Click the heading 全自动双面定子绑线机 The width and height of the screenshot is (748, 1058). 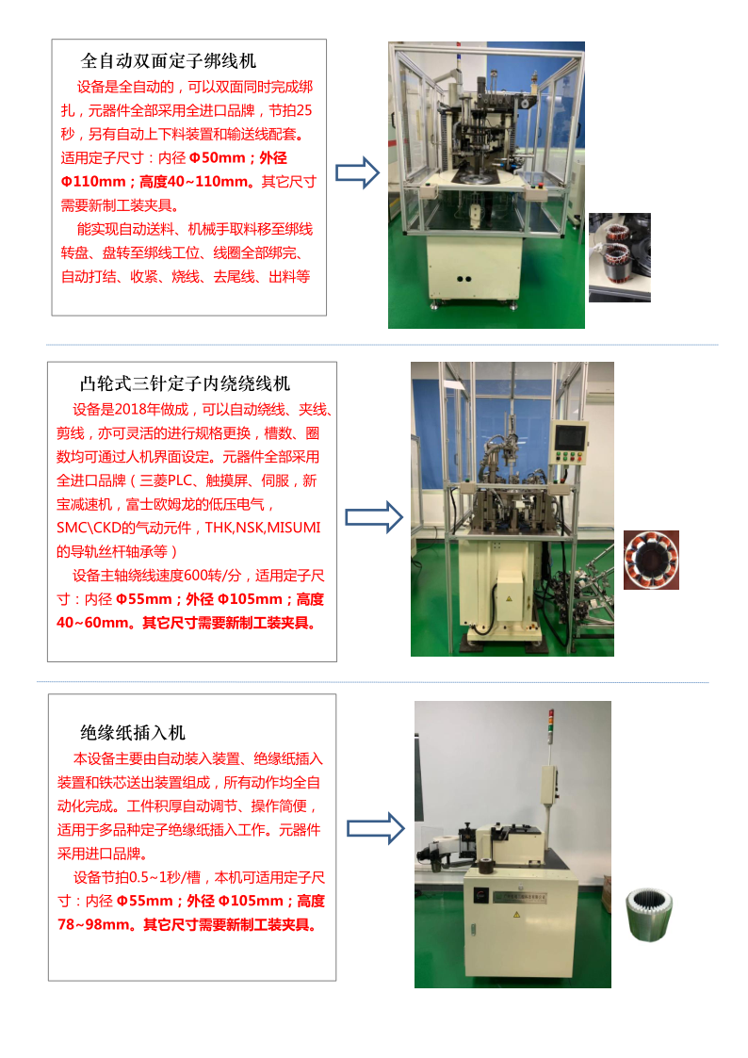169,60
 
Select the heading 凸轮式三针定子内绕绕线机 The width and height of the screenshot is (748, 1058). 185,383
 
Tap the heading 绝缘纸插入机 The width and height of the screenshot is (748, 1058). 133,732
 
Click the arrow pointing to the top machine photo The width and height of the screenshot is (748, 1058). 357,172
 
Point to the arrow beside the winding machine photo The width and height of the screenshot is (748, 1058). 374,517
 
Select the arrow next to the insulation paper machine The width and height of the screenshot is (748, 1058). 376,828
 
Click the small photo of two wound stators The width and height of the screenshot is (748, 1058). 620,257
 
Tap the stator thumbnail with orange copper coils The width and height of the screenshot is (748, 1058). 651,560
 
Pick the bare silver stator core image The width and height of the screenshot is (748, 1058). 649,914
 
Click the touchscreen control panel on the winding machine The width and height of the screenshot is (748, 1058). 569,442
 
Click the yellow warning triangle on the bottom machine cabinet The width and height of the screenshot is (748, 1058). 516,914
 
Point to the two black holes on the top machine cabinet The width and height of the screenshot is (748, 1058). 464,279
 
